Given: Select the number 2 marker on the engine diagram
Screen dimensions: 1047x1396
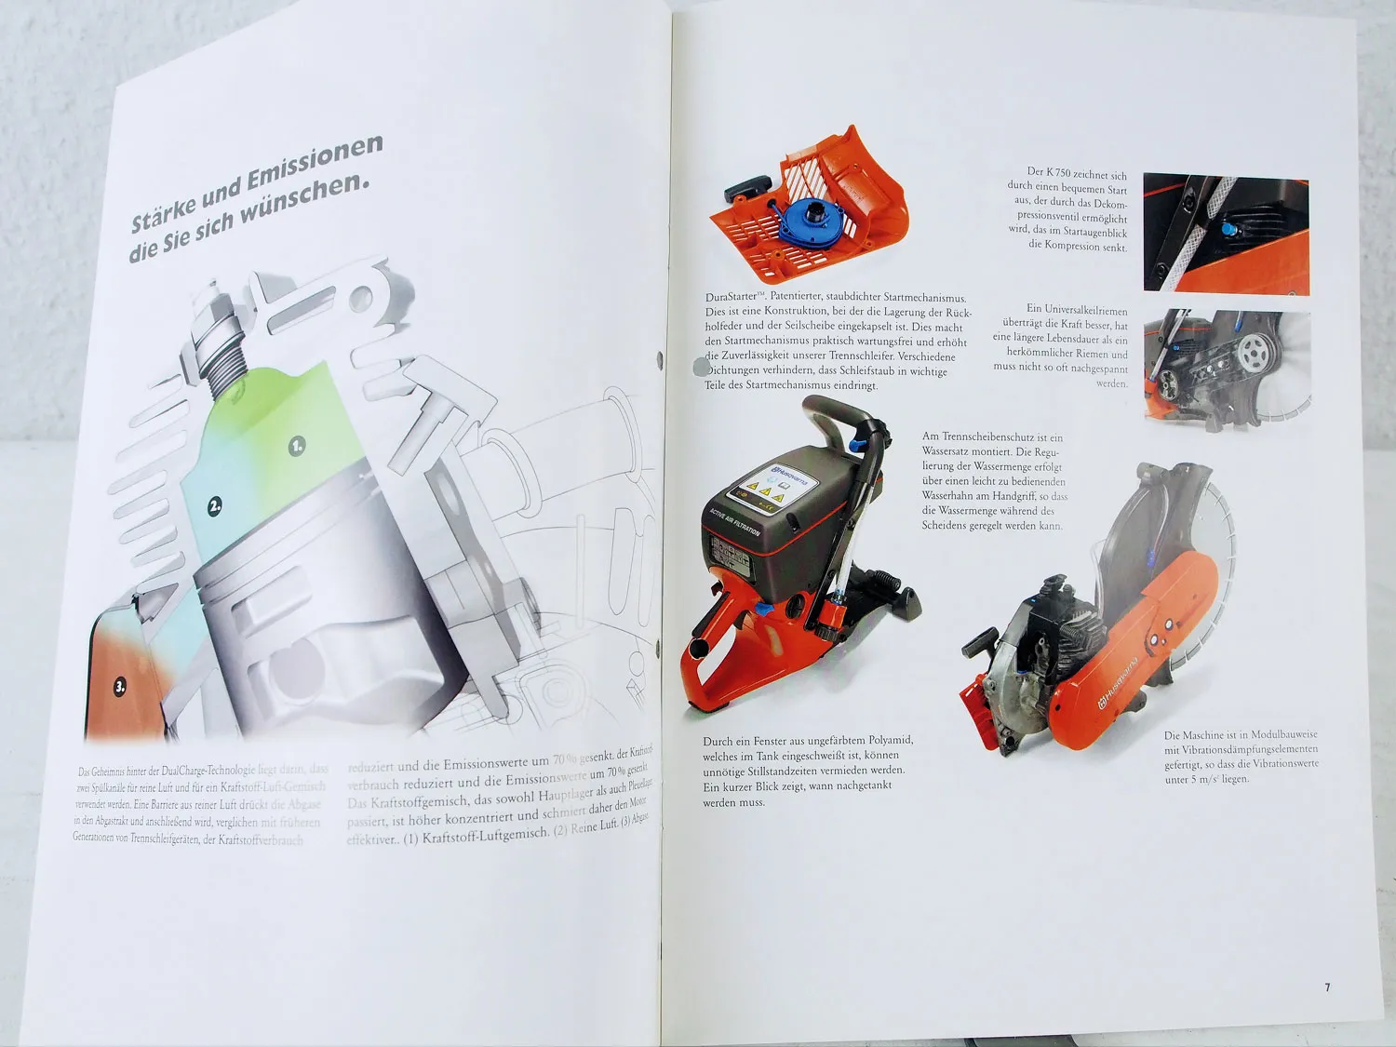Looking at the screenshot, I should pos(215,507).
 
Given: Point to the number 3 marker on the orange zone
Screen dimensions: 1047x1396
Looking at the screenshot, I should pos(120,688).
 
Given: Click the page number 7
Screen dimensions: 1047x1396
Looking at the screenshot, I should pos(1328,987).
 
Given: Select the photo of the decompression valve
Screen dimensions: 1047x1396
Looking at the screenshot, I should pos(1226,234).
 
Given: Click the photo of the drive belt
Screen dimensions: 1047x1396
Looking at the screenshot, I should pos(1227,369).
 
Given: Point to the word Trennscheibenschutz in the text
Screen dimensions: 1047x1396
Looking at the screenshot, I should pos(989,436).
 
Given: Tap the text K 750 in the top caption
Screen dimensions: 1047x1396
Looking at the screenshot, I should pos(1057,172).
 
